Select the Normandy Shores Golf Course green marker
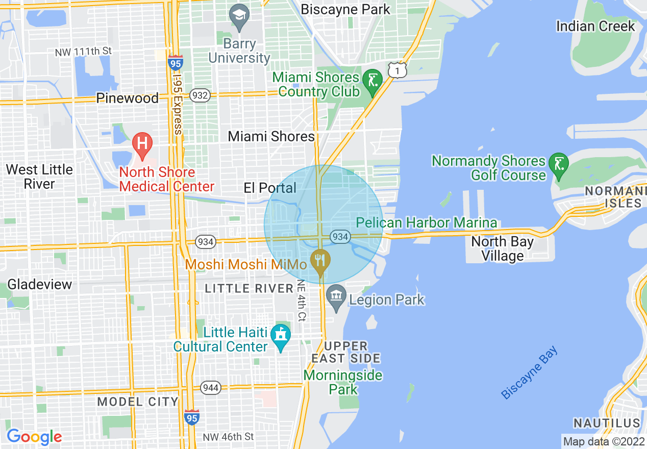pyautogui.click(x=559, y=165)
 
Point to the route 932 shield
pyautogui.click(x=201, y=95)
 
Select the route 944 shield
pyautogui.click(x=211, y=388)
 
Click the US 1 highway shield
pyautogui.click(x=397, y=70)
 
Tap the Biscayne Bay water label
pyautogui.click(x=530, y=372)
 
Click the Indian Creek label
pyautogui.click(x=595, y=26)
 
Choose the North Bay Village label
pyautogui.click(x=503, y=248)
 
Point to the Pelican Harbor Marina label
pyautogui.click(x=427, y=223)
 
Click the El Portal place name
pyautogui.click(x=270, y=188)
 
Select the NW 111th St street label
pyautogui.click(x=83, y=52)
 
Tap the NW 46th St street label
pyautogui.click(x=228, y=437)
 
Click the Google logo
pyautogui.click(x=34, y=437)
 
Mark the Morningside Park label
pyautogui.click(x=343, y=382)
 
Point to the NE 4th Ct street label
pyautogui.click(x=301, y=300)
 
